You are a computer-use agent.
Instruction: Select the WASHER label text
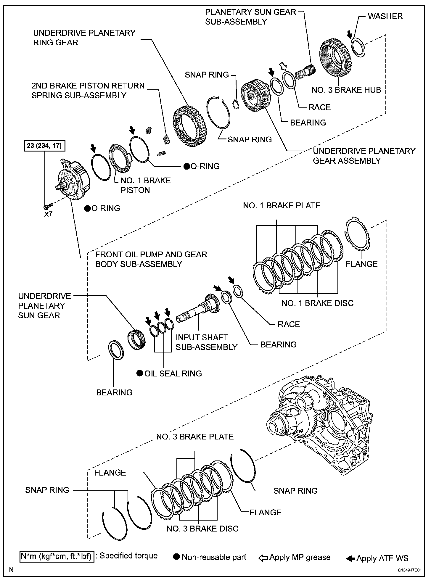tap(385, 16)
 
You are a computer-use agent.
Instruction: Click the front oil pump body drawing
tap(74, 181)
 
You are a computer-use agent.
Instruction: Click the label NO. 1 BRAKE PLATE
tap(282, 206)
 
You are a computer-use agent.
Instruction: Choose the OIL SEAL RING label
tap(173, 373)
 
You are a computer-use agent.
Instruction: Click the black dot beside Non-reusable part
tap(177, 557)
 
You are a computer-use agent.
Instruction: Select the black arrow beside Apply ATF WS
tap(350, 558)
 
